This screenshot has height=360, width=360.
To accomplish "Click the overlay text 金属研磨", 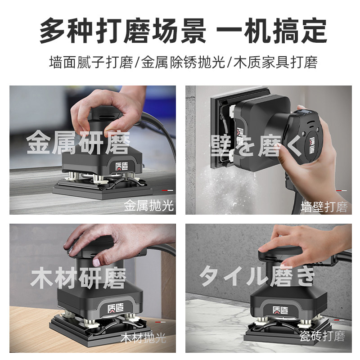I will (x=78, y=143).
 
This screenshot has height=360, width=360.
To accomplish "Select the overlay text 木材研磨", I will (x=78, y=278).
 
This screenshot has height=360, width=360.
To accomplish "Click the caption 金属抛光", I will (x=148, y=206).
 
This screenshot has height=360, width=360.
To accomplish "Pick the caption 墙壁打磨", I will (x=324, y=207).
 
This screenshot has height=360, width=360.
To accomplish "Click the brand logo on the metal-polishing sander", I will (x=118, y=166).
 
